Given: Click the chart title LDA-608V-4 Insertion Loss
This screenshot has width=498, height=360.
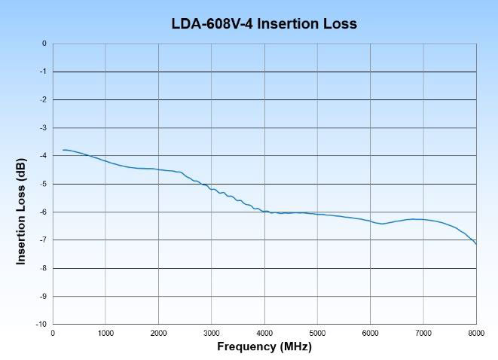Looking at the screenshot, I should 264,24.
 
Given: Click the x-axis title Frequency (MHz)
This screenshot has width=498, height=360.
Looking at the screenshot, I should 264,346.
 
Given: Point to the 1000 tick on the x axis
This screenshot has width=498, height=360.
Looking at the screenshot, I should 105,332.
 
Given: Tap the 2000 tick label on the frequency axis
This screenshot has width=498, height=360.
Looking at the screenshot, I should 158,332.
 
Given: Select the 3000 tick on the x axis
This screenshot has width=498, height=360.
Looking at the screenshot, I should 212,332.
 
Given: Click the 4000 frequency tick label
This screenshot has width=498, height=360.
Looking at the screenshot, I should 264,332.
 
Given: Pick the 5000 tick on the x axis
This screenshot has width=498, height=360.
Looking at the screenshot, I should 317,332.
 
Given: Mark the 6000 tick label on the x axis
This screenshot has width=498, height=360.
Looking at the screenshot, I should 370,332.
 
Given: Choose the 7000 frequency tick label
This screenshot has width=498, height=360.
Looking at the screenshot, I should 423,332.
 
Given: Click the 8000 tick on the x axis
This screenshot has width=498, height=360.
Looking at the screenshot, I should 476,332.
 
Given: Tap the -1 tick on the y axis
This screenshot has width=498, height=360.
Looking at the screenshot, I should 44,72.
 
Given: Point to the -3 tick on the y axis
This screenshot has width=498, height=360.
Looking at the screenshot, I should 44,128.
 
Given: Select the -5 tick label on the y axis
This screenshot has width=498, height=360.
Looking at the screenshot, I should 44,184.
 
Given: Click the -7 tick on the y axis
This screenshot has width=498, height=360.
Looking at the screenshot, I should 44,240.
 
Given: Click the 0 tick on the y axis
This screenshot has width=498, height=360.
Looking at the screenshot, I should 44,44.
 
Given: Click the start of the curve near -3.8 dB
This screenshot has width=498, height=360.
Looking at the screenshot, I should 63,150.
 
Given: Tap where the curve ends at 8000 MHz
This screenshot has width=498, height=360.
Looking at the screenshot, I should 475,243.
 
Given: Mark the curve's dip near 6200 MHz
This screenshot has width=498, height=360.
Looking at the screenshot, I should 382,224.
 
